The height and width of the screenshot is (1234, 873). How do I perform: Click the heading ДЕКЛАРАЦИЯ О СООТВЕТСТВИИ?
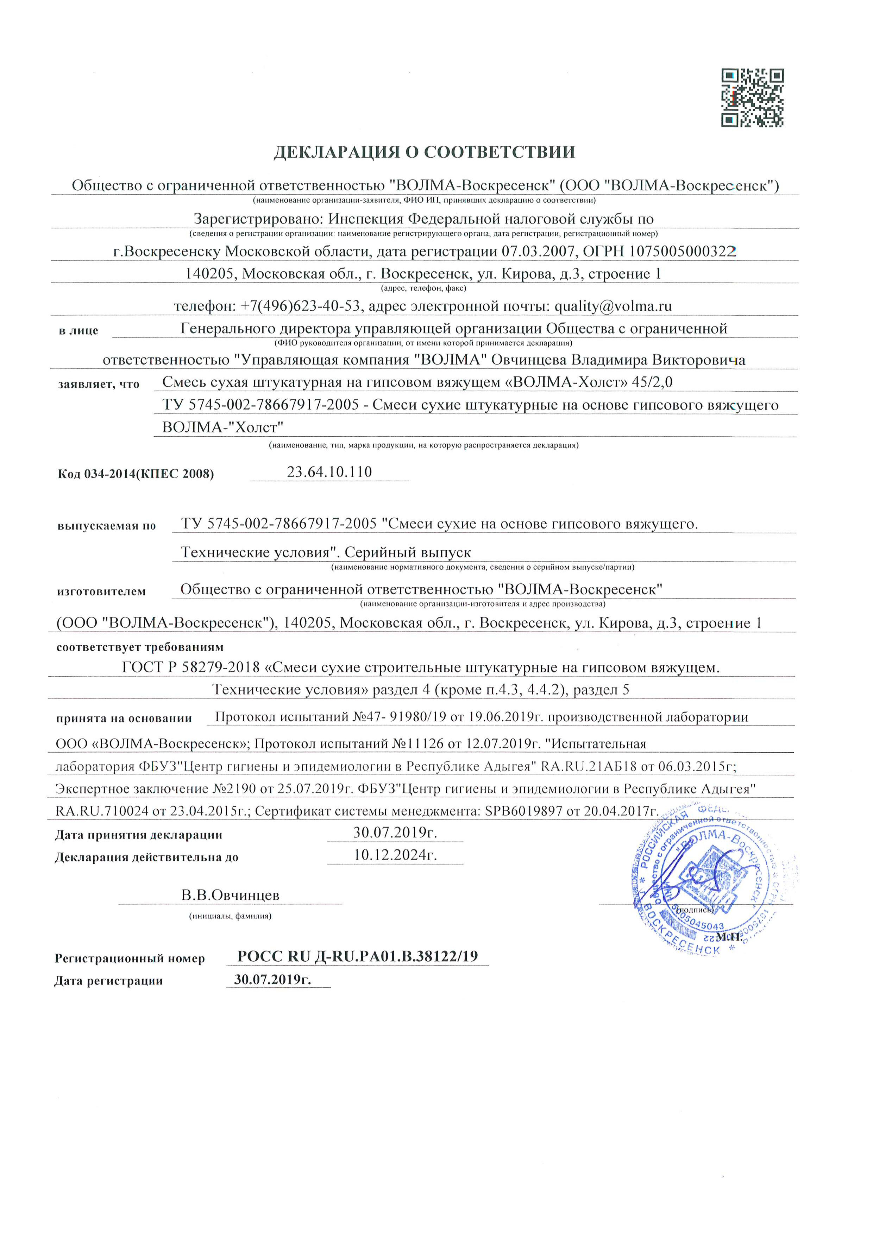coord(424,152)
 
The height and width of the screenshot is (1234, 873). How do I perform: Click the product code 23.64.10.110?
coord(329,472)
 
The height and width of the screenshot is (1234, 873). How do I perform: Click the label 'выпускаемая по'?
coord(106,526)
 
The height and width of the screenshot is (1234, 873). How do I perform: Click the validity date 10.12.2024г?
coord(395,855)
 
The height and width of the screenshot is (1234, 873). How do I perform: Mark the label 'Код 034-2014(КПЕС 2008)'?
coord(136,474)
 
